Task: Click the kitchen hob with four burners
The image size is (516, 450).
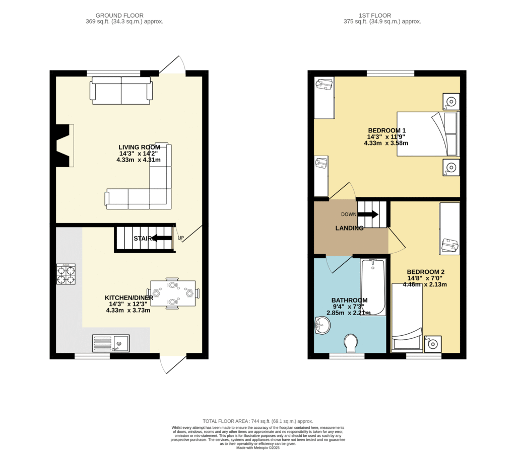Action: point(66,274)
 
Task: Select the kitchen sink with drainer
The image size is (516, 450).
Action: point(111,343)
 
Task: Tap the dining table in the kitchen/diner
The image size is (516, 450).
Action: point(173,293)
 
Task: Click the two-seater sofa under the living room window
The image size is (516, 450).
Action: point(121,91)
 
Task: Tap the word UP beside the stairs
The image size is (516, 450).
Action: point(181,238)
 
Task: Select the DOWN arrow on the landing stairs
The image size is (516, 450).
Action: point(368,214)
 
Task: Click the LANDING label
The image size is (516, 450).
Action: point(350,228)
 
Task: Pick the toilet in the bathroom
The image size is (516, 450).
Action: point(351,343)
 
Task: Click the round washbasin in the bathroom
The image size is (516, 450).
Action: point(322,326)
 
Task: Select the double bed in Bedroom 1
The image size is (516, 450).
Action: point(428,134)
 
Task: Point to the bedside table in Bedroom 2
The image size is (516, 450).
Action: point(433,344)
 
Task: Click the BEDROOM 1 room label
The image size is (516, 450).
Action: point(386,130)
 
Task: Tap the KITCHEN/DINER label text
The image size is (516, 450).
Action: point(129,298)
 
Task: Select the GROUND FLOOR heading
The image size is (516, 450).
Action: point(119,16)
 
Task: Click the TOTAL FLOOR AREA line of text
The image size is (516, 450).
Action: point(258,421)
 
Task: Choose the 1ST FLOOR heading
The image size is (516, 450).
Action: point(375,16)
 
